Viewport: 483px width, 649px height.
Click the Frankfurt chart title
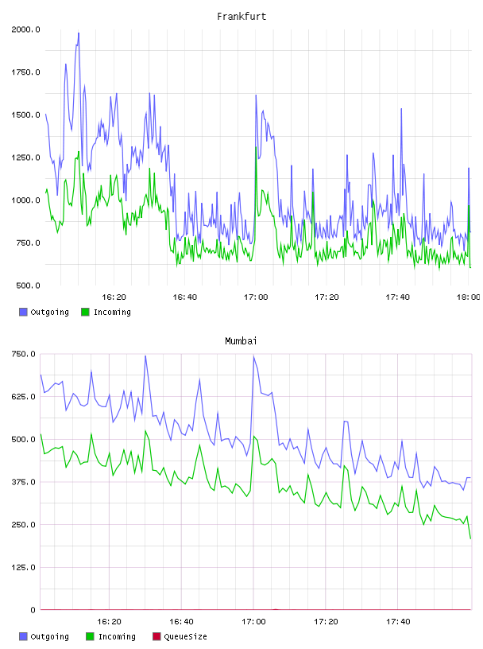tap(241, 17)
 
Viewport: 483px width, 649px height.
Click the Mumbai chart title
tap(241, 341)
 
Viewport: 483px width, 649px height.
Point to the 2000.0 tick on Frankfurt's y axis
tap(25, 29)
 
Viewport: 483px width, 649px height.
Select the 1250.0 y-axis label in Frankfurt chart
tap(25, 157)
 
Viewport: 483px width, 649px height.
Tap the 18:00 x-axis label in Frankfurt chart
tap(469, 297)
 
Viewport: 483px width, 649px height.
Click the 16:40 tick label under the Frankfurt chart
tap(184, 297)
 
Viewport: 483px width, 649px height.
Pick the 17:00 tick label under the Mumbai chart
tap(253, 622)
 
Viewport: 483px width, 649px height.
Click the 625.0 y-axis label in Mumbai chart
tap(23, 397)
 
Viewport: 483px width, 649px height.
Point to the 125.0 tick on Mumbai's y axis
tap(23, 567)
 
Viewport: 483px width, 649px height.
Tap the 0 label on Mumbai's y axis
tap(33, 610)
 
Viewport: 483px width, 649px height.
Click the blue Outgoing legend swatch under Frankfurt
tap(23, 312)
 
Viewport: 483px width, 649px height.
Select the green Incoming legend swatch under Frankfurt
tap(85, 312)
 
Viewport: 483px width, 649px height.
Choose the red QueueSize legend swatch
tap(156, 636)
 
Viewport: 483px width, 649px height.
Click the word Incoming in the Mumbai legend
tap(117, 636)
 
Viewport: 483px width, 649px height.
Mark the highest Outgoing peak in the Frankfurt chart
tap(79, 33)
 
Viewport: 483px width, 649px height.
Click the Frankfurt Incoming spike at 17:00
tap(256, 147)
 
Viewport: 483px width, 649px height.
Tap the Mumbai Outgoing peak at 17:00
tap(253, 356)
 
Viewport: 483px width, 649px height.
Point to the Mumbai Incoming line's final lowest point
tap(470, 538)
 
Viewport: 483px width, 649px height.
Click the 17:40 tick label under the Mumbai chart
tap(398, 622)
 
